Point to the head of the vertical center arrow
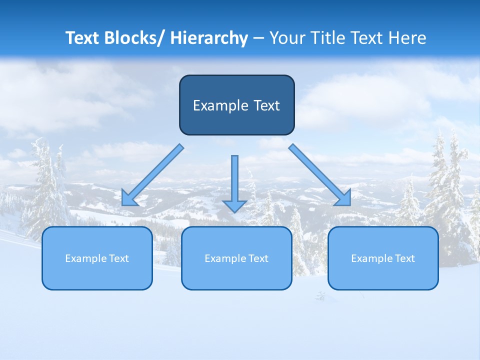[234, 206]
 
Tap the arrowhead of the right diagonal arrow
[344, 199]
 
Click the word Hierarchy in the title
[208, 38]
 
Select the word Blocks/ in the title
[135, 38]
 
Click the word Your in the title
[287, 38]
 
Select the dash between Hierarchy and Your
[258, 38]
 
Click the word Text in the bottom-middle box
[257, 258]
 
